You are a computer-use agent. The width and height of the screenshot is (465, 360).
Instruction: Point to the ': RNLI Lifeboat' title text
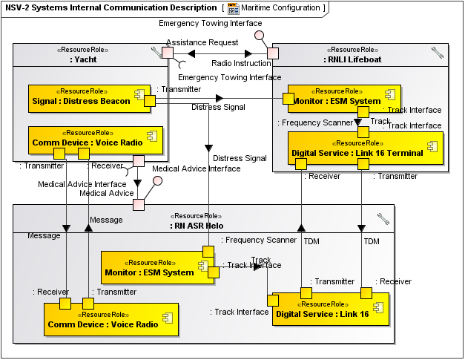354,59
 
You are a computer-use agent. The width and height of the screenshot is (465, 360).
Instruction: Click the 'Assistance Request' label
202,43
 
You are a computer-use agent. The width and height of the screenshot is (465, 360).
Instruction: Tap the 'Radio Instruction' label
241,63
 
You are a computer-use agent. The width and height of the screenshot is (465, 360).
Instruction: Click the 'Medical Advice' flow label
86,194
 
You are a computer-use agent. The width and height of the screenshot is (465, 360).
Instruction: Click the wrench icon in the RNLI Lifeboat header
438,52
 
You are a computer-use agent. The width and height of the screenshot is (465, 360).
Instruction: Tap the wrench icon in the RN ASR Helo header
383,218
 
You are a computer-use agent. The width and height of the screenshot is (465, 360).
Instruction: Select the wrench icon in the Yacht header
156,52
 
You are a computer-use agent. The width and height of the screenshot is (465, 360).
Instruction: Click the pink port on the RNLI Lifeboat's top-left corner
273,53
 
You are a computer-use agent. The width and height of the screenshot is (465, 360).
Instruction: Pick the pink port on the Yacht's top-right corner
168,53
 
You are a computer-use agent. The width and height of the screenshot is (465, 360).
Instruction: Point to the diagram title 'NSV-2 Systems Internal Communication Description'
111,8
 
